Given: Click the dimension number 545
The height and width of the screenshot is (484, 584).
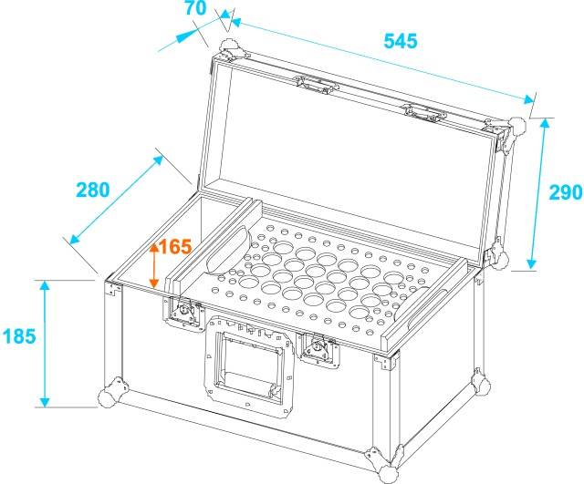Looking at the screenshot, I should (x=400, y=41).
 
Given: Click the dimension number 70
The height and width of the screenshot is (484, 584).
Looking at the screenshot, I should (x=193, y=10).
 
